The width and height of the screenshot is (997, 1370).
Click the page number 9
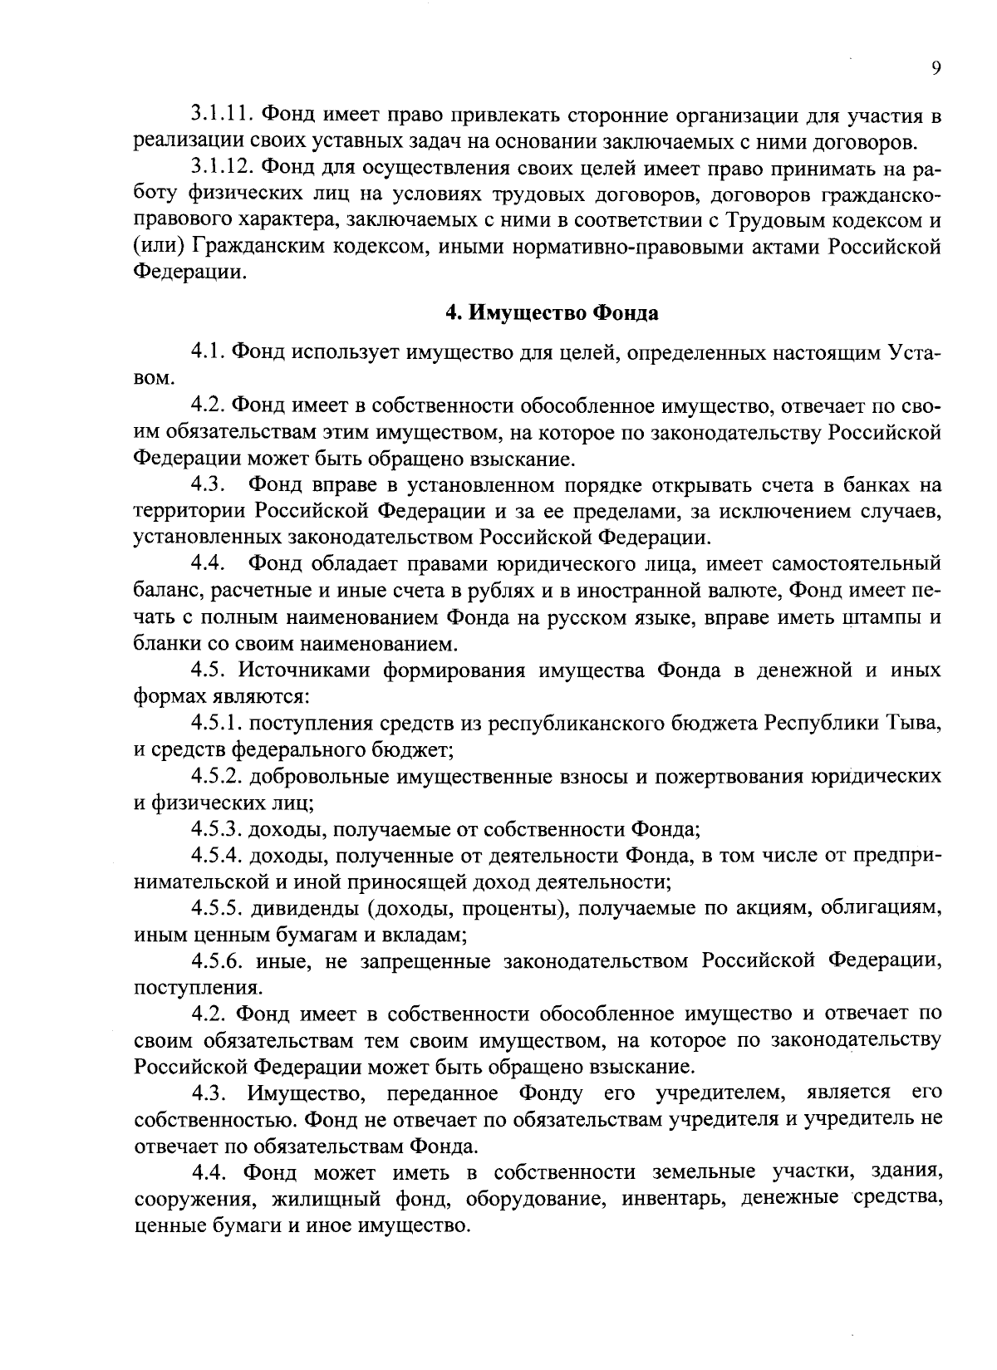(936, 69)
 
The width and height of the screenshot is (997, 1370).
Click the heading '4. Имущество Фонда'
(552, 313)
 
